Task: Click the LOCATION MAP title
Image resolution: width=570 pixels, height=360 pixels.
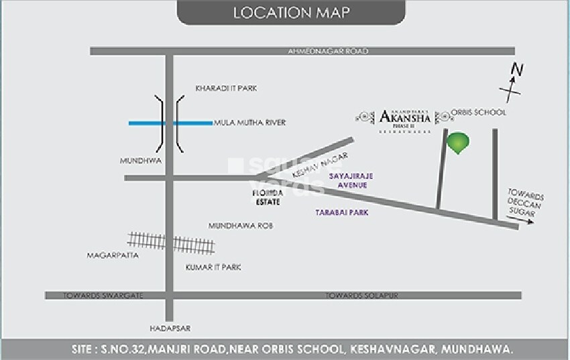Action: [x=290, y=13]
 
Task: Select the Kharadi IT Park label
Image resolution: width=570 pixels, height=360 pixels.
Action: [x=226, y=88]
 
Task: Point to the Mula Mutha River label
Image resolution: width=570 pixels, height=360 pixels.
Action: [x=249, y=123]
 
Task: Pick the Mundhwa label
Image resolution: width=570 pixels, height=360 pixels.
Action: [x=137, y=161]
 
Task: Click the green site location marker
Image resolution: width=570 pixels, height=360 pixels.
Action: [x=458, y=142]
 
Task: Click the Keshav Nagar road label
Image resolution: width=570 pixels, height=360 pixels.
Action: [x=320, y=165]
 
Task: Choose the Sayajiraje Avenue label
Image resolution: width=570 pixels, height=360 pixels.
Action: [x=351, y=180]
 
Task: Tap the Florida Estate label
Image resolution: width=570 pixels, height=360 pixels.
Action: [x=268, y=196]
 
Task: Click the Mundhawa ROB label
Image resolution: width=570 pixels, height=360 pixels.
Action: [x=240, y=226]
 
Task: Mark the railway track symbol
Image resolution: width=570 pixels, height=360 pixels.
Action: [x=172, y=242]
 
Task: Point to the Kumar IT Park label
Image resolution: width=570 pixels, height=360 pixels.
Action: [x=213, y=267]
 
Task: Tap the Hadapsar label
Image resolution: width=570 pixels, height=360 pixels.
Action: [x=170, y=328]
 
